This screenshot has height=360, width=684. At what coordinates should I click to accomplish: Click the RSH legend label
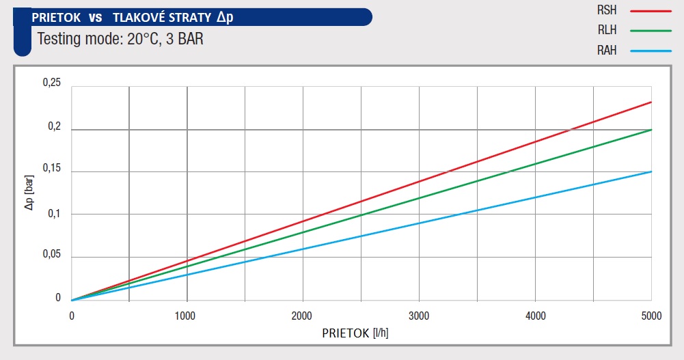click(x=607, y=10)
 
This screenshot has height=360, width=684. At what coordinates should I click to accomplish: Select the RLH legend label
click(x=607, y=30)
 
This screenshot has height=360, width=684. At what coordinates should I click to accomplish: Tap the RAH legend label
click(x=607, y=51)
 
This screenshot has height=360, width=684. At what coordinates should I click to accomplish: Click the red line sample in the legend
click(x=652, y=11)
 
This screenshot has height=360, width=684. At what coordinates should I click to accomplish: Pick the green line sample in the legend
click(x=652, y=31)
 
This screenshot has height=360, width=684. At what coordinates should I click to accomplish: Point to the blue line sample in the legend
click(x=652, y=51)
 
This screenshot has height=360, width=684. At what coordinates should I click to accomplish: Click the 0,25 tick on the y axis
click(x=52, y=83)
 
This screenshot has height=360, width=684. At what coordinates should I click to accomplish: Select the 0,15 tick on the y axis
click(x=52, y=168)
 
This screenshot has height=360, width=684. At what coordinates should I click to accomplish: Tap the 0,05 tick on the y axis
click(x=52, y=255)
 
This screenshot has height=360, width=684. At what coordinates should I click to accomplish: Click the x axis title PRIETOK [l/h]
click(x=355, y=333)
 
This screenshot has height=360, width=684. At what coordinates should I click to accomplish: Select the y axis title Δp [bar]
click(x=29, y=193)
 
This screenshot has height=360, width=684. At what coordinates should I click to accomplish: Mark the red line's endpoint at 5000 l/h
click(x=651, y=102)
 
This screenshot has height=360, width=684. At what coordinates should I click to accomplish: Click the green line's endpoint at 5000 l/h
click(x=651, y=129)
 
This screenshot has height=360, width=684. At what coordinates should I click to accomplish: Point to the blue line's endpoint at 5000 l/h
click(x=651, y=171)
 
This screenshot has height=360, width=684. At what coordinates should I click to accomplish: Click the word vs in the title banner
click(x=95, y=17)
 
